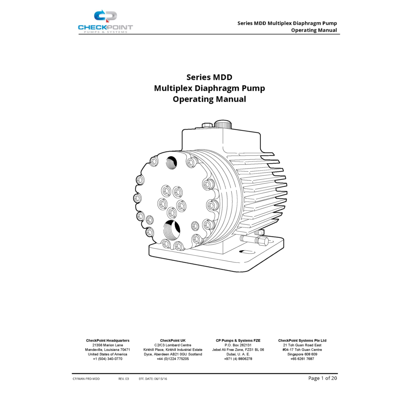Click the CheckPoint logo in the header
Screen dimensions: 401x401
pyautogui.click(x=105, y=22)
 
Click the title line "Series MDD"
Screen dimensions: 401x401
pyautogui.click(x=209, y=77)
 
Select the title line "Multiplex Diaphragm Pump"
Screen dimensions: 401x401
pyautogui.click(x=209, y=88)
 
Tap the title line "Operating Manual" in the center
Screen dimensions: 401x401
pyautogui.click(x=209, y=99)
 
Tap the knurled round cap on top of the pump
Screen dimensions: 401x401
pyautogui.click(x=223, y=125)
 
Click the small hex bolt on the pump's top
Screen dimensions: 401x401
pyautogui.click(x=207, y=125)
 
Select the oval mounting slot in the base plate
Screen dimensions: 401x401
pyautogui.click(x=247, y=252)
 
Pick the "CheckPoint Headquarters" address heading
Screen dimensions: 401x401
pyautogui.click(x=108, y=340)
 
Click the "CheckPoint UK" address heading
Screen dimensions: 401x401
pyautogui.click(x=173, y=340)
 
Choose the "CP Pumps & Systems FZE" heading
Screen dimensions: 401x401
pyautogui.click(x=238, y=340)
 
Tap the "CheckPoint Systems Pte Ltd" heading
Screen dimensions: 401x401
pyautogui.click(x=302, y=340)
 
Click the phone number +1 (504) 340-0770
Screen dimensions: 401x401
pyautogui.click(x=108, y=359)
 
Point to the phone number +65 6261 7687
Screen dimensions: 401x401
pyautogui.click(x=302, y=359)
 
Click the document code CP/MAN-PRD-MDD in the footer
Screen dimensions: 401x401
pyautogui.click(x=86, y=379)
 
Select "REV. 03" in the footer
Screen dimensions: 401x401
pyautogui.click(x=123, y=379)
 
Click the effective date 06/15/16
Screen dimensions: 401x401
pyautogui.click(x=161, y=379)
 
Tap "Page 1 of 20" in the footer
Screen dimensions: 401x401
pyautogui.click(x=323, y=378)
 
